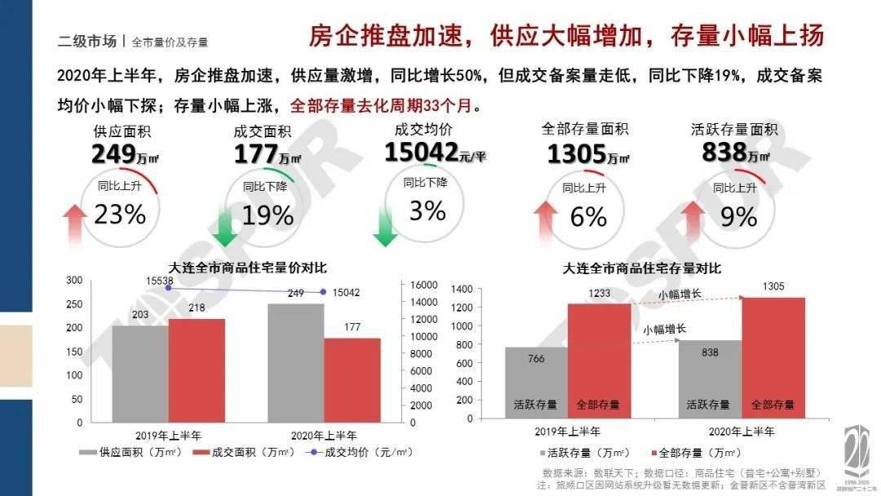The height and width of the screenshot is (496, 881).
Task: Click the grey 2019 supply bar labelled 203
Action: (x=140, y=374)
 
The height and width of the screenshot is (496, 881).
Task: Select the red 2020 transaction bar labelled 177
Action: (x=352, y=380)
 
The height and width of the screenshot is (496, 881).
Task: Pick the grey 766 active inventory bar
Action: (x=536, y=383)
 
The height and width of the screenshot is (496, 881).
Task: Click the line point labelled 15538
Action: (x=168, y=288)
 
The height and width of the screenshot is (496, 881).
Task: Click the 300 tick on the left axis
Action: (x=74, y=281)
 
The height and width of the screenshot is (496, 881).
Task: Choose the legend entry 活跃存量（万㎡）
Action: (x=584, y=452)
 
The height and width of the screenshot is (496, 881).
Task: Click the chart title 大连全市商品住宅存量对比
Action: (x=642, y=268)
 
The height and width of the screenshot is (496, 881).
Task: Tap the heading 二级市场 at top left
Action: (x=86, y=41)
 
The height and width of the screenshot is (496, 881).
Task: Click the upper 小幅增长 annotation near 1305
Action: (x=680, y=294)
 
